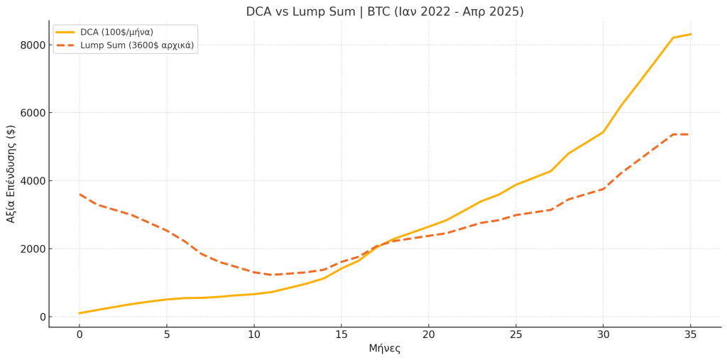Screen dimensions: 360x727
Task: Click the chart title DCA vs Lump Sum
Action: pyautogui.click(x=384, y=12)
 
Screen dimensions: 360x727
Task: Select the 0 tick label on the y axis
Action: pyautogui.click(x=40, y=317)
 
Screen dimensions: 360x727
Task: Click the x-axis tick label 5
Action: pyautogui.click(x=167, y=334)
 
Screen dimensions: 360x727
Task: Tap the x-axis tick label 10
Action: pyautogui.click(x=254, y=334)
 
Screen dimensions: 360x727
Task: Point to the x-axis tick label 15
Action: pyautogui.click(x=341, y=334)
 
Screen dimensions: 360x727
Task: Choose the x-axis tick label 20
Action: pyautogui.click(x=429, y=334)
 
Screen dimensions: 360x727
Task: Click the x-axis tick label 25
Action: pyautogui.click(x=516, y=334)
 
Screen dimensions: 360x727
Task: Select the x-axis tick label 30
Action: pyautogui.click(x=603, y=334)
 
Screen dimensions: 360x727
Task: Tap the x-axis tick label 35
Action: pyautogui.click(x=691, y=334)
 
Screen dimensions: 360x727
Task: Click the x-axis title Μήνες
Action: pyautogui.click(x=384, y=349)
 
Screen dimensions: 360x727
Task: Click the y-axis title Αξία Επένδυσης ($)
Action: pyautogui.click(x=11, y=174)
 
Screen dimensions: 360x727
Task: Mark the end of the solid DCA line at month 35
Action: pyautogui.click(x=691, y=34)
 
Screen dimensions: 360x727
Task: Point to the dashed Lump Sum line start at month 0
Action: pyautogui.click(x=80, y=194)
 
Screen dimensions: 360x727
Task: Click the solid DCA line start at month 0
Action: pyautogui.click(x=80, y=313)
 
